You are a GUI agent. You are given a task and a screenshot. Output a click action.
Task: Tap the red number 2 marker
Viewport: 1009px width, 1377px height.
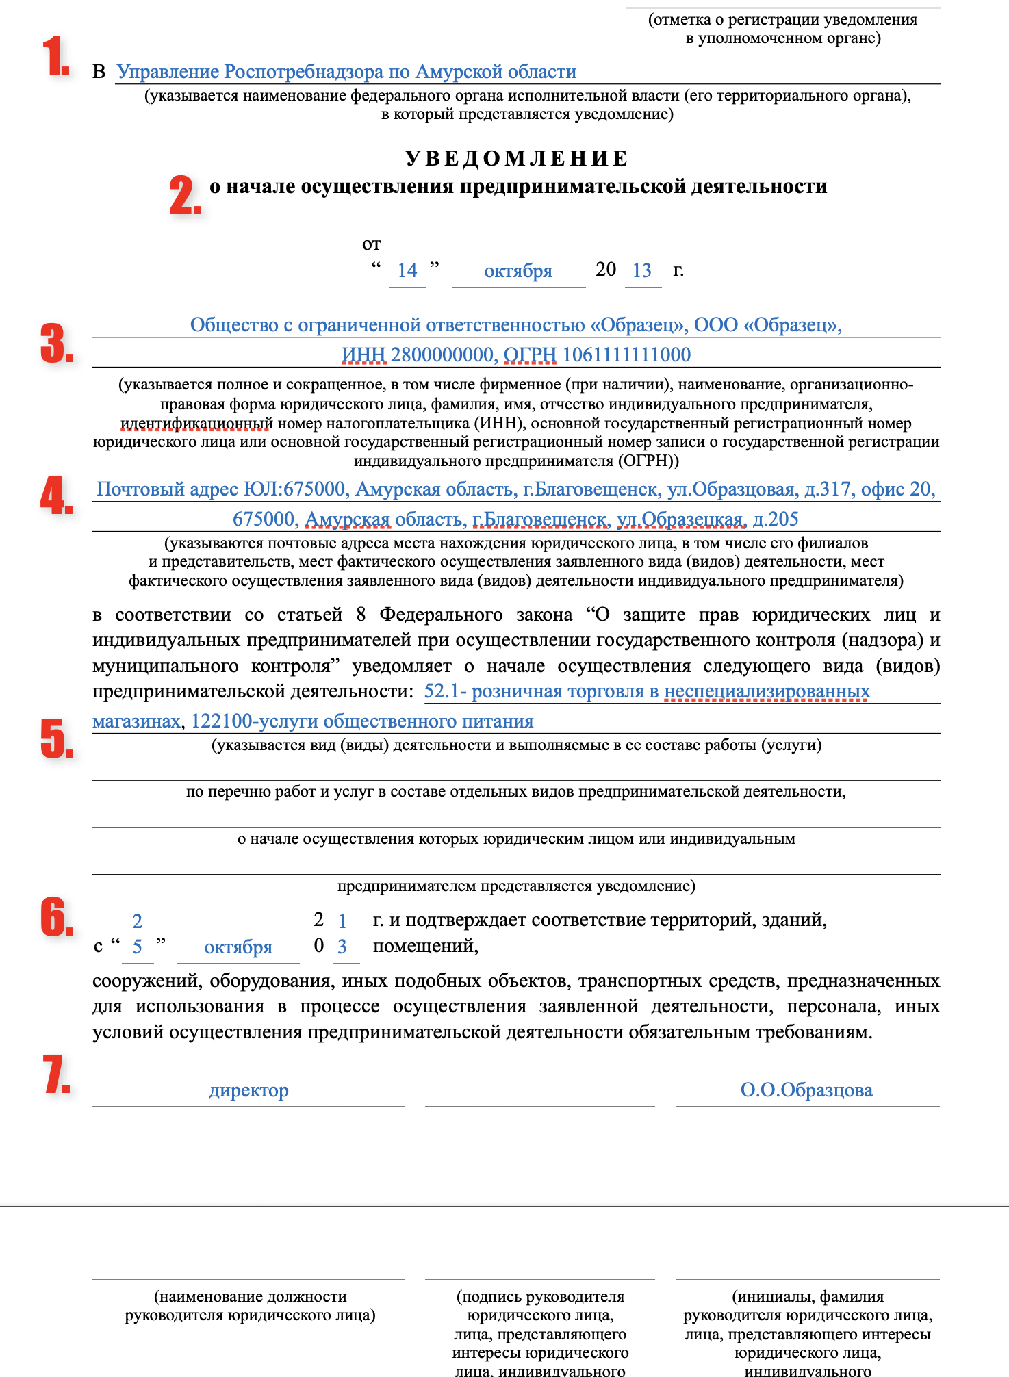point(185,196)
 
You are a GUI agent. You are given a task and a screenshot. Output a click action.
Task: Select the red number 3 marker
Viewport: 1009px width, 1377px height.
point(57,344)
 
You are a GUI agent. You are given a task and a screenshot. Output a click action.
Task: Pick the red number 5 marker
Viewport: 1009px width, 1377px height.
point(57,738)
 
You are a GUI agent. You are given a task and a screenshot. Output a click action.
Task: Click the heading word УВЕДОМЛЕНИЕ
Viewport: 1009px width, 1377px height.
point(517,159)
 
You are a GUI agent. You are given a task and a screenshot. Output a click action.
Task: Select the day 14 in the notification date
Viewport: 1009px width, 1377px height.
point(407,271)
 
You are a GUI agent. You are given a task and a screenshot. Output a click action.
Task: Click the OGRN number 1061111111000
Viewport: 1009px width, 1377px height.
point(626,355)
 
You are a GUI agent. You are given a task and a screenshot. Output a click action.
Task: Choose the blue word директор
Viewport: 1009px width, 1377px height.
point(248,1090)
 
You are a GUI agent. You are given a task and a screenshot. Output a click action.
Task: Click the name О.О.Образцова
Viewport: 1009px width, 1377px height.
point(806,1090)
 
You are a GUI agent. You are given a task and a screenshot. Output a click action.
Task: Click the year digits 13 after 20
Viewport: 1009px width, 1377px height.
point(642,271)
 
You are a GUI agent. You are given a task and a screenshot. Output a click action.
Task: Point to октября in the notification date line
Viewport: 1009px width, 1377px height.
point(518,271)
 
